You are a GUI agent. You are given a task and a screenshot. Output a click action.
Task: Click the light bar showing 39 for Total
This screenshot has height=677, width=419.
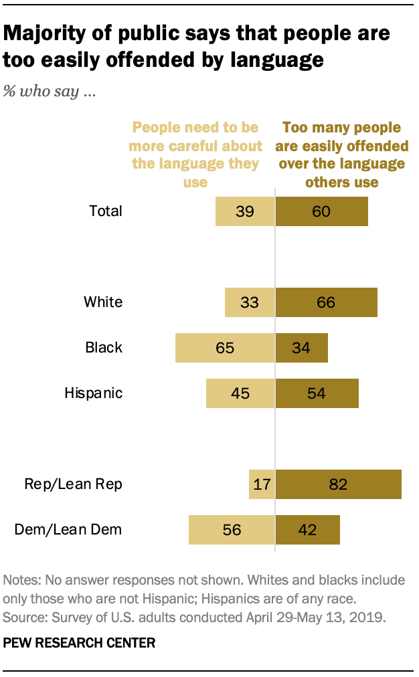click(x=244, y=211)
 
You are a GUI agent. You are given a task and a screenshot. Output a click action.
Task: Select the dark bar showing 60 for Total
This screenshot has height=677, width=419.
click(x=322, y=211)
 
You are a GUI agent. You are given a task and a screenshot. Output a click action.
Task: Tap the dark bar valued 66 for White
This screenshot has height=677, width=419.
click(x=327, y=302)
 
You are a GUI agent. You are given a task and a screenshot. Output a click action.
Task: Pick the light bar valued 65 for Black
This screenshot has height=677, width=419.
click(x=225, y=348)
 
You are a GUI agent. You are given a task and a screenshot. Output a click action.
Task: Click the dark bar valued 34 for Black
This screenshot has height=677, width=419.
click(x=302, y=348)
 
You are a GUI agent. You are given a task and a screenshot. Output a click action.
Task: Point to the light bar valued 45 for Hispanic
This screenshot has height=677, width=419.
click(x=240, y=393)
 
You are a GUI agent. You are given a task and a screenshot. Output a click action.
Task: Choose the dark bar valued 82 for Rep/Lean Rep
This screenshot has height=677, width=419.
click(x=339, y=484)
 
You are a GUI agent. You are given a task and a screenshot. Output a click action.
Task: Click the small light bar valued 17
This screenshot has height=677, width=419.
click(x=262, y=484)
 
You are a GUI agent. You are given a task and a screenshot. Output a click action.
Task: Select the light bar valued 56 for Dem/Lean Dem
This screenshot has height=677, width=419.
click(x=232, y=529)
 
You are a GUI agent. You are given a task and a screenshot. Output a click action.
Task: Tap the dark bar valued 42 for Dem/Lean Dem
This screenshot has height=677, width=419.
click(x=308, y=529)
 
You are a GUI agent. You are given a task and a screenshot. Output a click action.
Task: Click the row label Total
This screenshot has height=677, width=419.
click(x=106, y=211)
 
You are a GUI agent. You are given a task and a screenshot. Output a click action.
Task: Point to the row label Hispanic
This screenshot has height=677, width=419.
click(x=94, y=393)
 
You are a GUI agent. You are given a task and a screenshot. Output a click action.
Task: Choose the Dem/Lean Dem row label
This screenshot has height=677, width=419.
click(x=68, y=529)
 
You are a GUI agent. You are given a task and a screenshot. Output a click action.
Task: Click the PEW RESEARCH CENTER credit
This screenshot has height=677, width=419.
click(x=79, y=643)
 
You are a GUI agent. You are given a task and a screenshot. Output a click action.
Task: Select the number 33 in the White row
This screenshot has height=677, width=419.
click(x=249, y=302)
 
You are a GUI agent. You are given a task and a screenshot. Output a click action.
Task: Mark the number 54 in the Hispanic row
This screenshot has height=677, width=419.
click(x=316, y=393)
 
